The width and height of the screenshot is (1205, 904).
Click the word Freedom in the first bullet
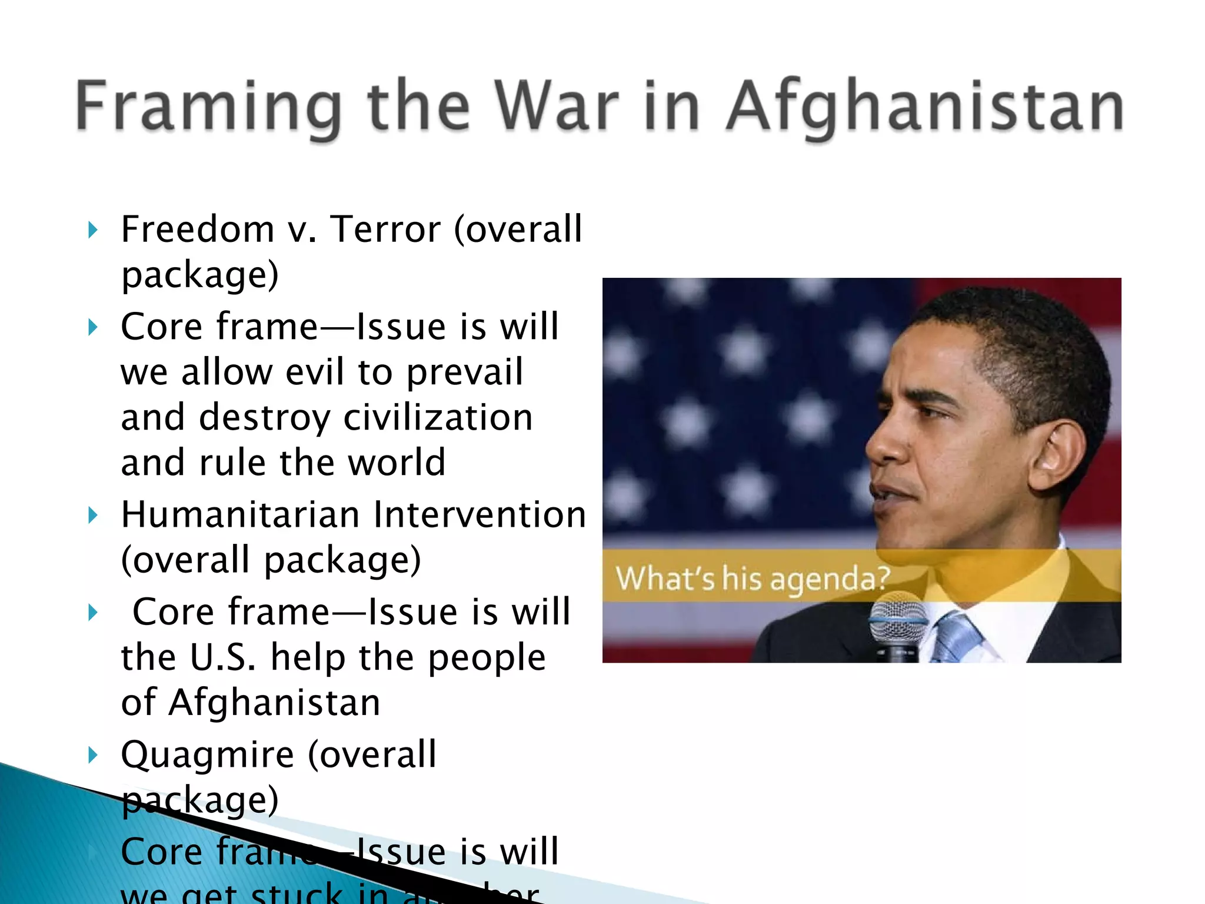click(198, 229)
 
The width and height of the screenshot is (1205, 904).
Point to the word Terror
click(386, 229)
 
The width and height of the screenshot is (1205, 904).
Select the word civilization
click(438, 417)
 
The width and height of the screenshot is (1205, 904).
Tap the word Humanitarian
click(240, 515)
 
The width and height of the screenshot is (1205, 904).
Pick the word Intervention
click(480, 515)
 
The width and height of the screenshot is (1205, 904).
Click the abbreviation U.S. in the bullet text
click(224, 657)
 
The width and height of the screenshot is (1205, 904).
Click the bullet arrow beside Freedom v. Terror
click(92, 230)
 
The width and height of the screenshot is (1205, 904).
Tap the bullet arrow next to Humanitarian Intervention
click(92, 516)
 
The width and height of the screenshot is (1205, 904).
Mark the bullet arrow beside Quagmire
click(92, 755)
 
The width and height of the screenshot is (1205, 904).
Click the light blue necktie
click(956, 636)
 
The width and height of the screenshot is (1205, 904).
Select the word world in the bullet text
click(397, 463)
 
